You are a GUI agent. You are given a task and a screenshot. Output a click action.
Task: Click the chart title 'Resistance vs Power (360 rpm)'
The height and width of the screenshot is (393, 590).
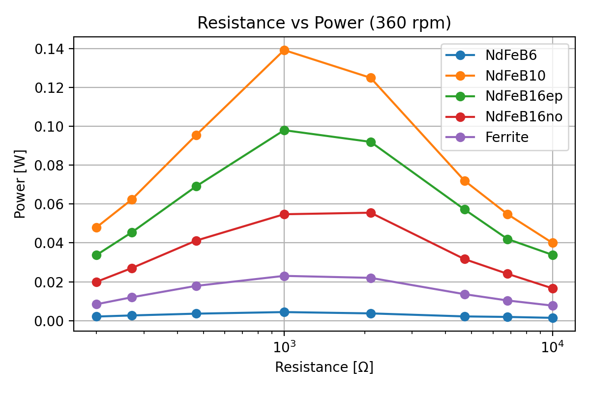(x=324, y=23)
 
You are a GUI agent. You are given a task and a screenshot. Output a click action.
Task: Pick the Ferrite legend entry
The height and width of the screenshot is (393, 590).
(x=506, y=137)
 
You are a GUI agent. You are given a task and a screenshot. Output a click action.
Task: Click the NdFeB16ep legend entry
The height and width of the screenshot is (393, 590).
(x=524, y=96)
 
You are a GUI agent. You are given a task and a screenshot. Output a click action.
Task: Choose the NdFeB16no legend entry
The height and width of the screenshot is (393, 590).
(x=524, y=116)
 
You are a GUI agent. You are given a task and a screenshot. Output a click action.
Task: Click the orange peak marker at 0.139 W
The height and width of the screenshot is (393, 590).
(x=284, y=50)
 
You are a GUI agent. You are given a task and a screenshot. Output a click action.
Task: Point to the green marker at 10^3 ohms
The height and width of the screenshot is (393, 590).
(x=284, y=130)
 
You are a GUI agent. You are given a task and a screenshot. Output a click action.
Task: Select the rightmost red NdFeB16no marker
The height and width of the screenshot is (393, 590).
(x=553, y=288)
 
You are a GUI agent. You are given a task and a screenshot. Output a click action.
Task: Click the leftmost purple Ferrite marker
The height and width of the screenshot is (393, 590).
(x=96, y=304)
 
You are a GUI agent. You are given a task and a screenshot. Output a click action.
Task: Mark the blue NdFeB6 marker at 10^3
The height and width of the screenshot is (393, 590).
(x=284, y=312)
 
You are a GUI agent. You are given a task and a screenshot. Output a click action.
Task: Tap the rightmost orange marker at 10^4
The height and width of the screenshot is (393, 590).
(x=553, y=243)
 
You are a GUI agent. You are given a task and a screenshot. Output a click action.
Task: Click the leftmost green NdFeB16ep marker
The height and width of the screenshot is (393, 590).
(x=96, y=255)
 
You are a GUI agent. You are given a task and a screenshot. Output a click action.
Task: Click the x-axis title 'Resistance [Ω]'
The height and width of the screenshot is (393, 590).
(x=324, y=367)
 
